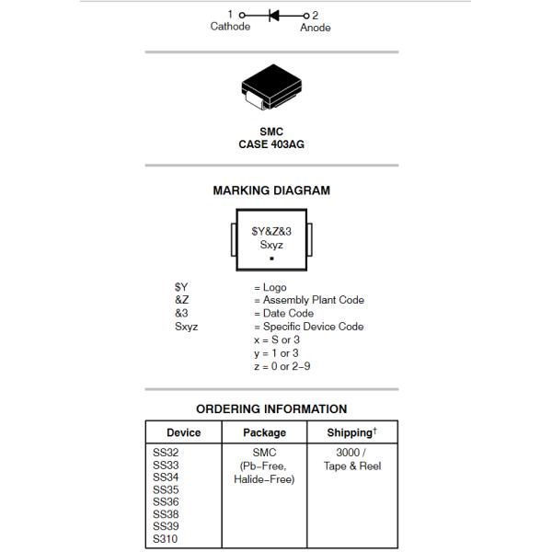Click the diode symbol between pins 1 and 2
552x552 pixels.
pos(274,15)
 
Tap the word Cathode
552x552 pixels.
pos(230,27)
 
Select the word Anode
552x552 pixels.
pos(316,28)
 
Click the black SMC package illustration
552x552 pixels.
pos(271,89)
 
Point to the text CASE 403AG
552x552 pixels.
pos(271,144)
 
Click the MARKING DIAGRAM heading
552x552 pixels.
pos(271,190)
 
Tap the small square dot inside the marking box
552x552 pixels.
pos(271,259)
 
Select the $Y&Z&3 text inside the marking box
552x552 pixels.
pos(271,233)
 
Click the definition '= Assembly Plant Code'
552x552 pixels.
pos(309,300)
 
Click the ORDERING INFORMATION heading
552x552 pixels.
pos(271,408)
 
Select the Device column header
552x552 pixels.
pos(183,432)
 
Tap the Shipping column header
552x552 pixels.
pos(351,432)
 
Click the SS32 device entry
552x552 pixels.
pos(166,453)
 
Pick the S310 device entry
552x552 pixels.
pos(166,539)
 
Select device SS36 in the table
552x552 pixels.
pos(166,502)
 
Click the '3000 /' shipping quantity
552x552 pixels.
pos(351,453)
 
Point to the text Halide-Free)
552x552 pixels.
pos(264,478)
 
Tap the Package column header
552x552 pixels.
pos(264,432)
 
